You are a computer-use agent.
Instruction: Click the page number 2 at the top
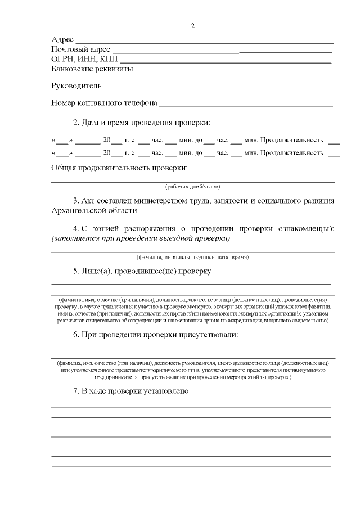[x=192, y=26]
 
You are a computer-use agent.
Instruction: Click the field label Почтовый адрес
[x=80, y=49]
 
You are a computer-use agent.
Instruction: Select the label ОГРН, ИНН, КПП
[x=84, y=59]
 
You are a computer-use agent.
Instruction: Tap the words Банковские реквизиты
[x=92, y=69]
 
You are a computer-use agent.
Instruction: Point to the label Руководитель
[x=76, y=86]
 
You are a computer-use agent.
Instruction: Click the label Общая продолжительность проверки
[x=119, y=168]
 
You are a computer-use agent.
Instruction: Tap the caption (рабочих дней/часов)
[x=192, y=186]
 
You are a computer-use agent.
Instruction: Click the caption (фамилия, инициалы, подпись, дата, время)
[x=192, y=257]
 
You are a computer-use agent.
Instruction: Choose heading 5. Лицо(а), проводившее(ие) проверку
[x=143, y=271]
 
